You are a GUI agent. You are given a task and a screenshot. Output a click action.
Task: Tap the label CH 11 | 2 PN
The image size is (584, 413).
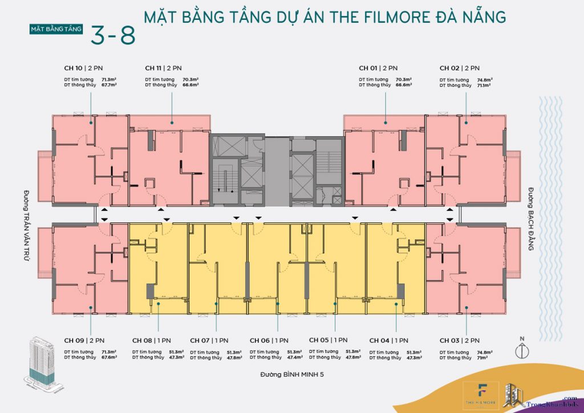coord(163,67)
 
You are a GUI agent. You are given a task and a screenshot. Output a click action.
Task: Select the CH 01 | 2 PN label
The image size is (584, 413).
coord(378,67)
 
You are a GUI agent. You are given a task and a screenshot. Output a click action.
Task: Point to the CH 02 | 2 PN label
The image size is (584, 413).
coord(459,67)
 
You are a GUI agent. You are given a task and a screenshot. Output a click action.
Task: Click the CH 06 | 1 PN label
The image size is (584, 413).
coord(269,341)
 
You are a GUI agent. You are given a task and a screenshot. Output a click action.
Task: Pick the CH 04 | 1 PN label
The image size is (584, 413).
coord(388,341)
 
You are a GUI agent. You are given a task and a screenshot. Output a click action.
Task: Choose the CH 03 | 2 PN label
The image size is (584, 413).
coord(459,341)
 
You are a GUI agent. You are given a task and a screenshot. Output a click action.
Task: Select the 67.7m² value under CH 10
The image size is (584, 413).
coord(109,85)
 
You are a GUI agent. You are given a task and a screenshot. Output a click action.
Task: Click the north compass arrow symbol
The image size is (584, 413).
coord(520,350)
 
